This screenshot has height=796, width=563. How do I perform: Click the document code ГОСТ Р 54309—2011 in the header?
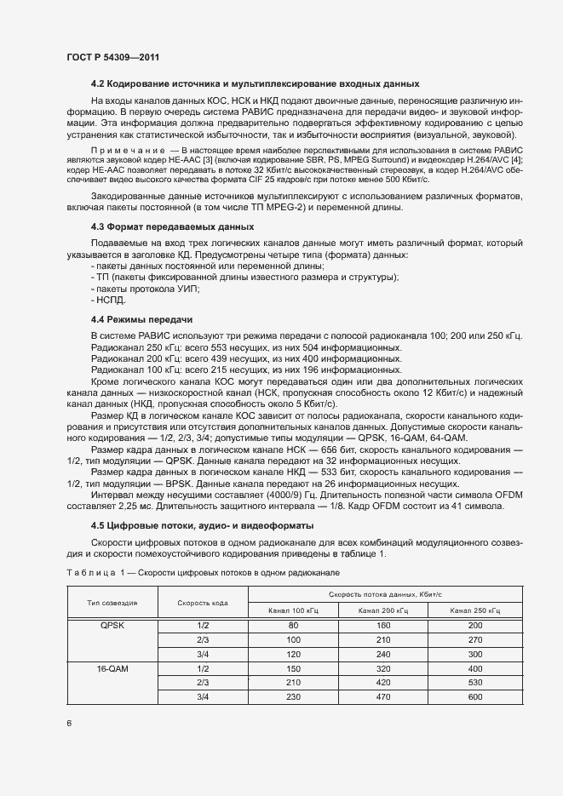coord(113,57)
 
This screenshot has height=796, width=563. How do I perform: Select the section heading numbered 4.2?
coord(255,84)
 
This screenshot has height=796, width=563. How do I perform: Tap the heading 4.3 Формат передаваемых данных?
coord(172,227)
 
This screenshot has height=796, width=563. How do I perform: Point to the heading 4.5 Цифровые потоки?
coord(202,525)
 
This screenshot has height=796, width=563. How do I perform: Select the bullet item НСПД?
coord(111,301)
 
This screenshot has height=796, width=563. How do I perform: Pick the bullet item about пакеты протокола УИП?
coord(144,289)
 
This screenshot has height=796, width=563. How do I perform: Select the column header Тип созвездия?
coord(112,603)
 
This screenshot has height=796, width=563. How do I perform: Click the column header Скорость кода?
coord(203,603)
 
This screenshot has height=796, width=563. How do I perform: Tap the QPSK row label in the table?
coord(112,625)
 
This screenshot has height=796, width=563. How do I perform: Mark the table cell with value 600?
coord(474,697)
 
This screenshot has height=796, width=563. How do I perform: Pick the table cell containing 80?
coord(293,625)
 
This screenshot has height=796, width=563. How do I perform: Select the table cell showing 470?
coord(383,697)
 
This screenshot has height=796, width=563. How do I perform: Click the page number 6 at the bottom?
coord(68,724)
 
